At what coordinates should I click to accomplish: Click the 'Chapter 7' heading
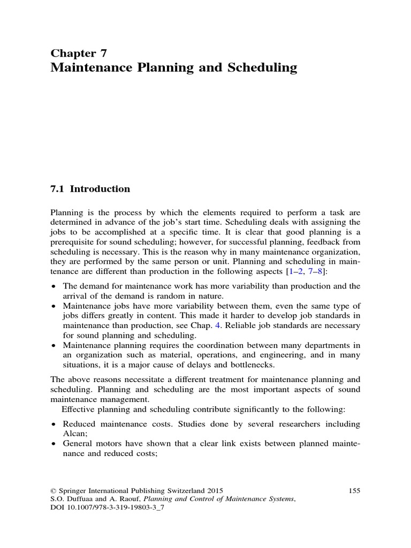coord(79,52)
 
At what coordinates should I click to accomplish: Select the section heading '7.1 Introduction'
coord(90,189)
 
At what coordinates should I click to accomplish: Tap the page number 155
coord(354,490)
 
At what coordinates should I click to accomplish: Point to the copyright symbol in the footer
coord(53,490)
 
